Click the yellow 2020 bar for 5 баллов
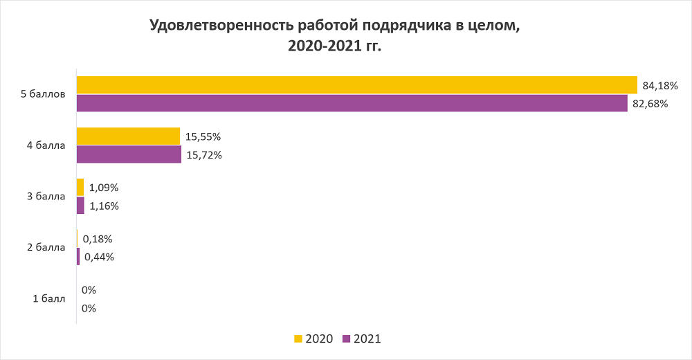[356, 84]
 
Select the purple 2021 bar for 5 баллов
[352, 103]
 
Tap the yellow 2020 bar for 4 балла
[128, 136]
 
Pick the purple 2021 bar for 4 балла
[129, 154]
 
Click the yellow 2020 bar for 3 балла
[80, 187]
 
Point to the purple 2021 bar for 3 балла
[80, 206]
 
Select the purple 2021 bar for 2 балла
[78, 257]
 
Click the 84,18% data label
[659, 86]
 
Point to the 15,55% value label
[203, 137]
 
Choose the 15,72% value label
[204, 155]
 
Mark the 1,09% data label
[104, 188]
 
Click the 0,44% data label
[99, 257]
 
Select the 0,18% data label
[98, 239]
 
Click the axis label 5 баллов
[43, 94]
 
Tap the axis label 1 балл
[48, 299]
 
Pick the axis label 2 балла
[46, 247]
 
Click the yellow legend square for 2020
[298, 339]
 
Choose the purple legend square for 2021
[347, 339]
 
